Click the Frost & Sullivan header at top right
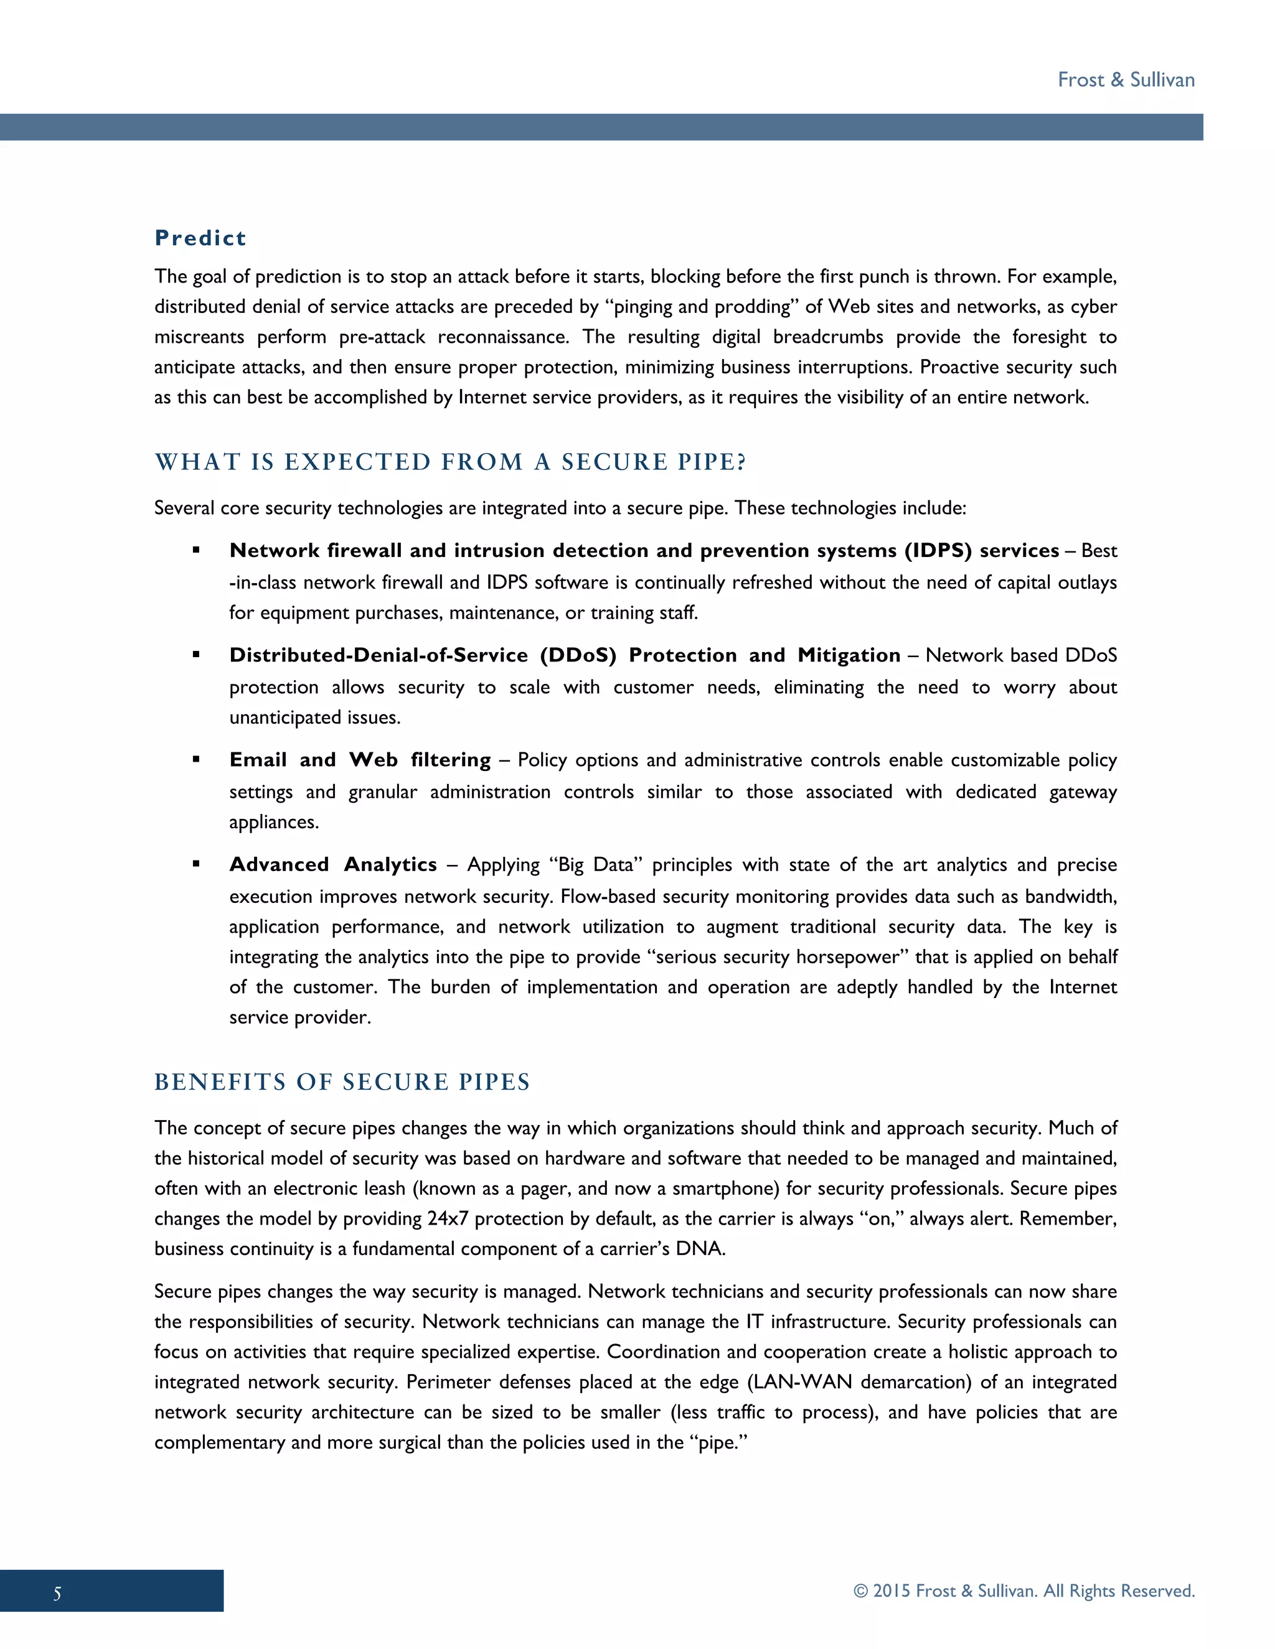(1126, 80)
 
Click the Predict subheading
(200, 238)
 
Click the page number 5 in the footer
(57, 1594)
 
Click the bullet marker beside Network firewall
(196, 551)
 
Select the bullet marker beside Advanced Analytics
(196, 864)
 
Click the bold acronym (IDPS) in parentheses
(938, 551)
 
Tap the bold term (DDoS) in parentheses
(578, 655)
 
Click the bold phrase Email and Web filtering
(360, 760)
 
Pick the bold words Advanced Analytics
(333, 864)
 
